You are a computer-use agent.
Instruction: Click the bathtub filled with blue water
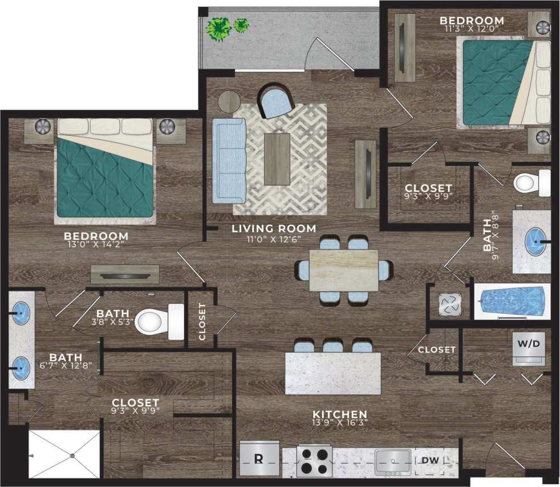[512, 301]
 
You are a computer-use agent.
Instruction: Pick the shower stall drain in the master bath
[72, 455]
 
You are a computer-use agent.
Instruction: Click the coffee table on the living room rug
[277, 159]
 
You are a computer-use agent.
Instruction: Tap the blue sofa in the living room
[228, 160]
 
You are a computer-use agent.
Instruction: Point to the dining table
[343, 270]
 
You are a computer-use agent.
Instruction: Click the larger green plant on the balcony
[218, 28]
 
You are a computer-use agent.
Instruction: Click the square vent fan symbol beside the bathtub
[448, 304]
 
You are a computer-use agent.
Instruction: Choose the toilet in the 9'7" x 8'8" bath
[530, 182]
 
